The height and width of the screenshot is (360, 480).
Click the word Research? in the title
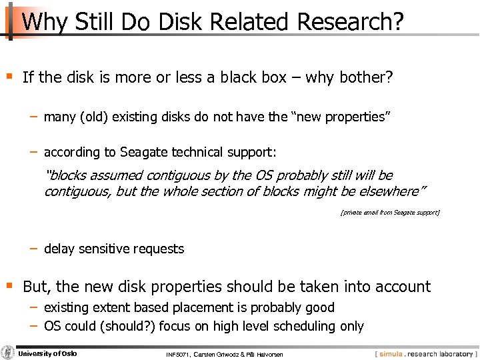pos(350,21)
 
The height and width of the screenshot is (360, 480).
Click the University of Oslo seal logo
pos(8,352)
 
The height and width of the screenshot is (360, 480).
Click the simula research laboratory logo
pos(425,353)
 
